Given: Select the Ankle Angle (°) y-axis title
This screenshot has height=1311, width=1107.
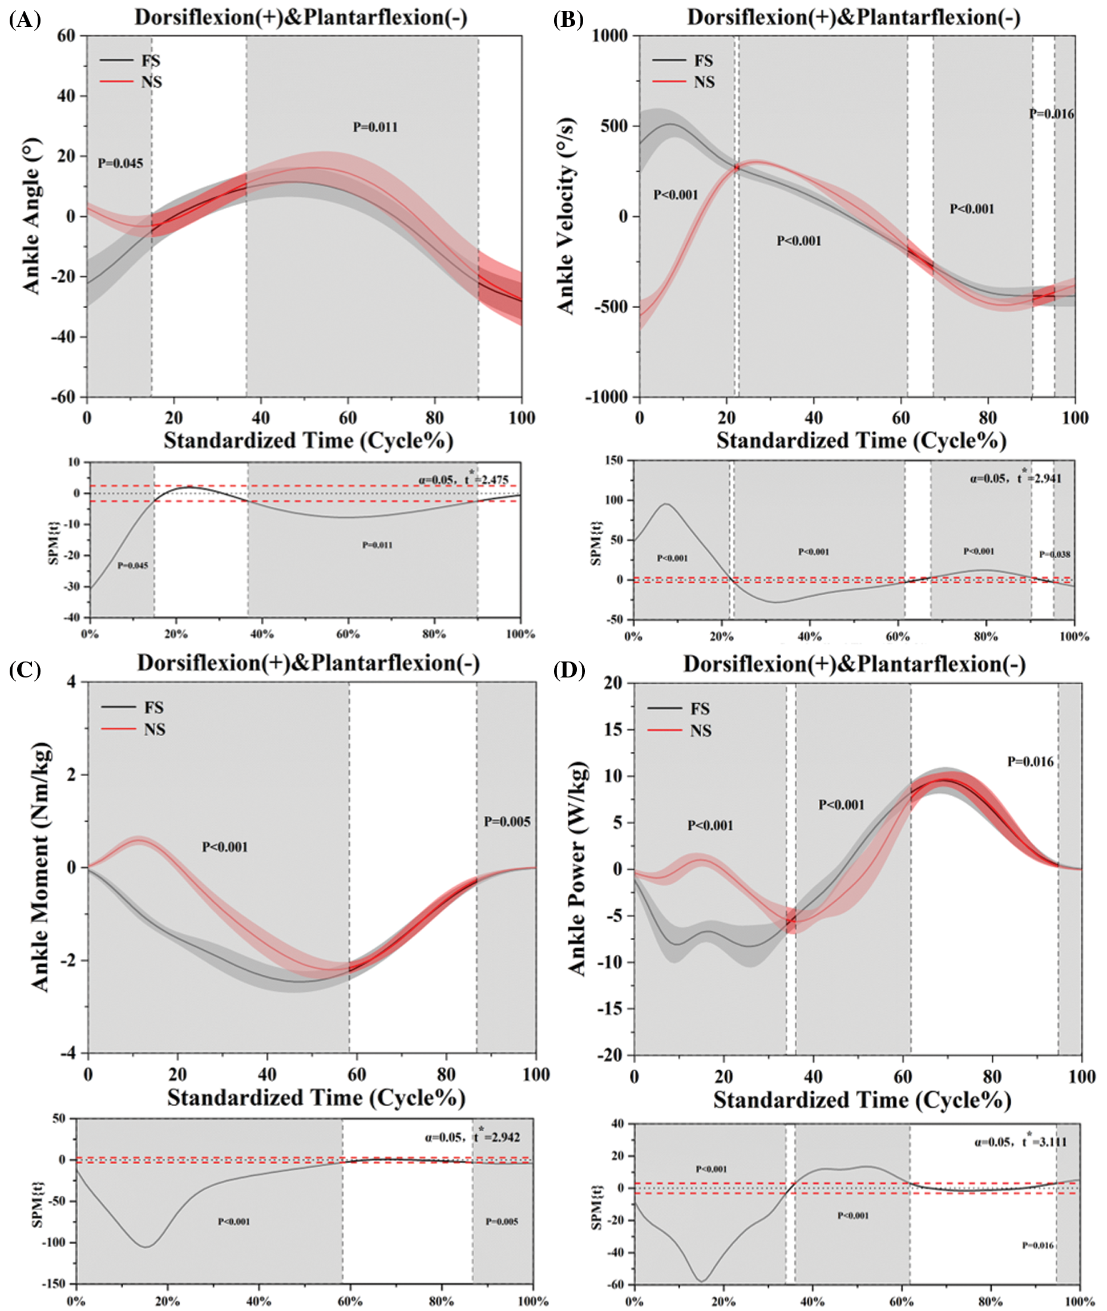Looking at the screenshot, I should [31, 216].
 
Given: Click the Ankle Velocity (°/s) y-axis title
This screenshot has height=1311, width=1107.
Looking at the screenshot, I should [566, 215].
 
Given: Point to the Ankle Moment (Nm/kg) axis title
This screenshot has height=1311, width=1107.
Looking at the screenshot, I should [40, 868].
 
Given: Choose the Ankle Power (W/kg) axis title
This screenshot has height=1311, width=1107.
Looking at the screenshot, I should [577, 869].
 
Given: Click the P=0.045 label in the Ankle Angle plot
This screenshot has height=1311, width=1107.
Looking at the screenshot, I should [120, 164].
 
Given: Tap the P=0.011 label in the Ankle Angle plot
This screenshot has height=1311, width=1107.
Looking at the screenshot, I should [375, 127].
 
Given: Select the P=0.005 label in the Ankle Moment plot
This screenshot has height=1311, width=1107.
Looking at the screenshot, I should [507, 821].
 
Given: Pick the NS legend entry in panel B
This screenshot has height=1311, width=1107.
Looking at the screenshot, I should [704, 82].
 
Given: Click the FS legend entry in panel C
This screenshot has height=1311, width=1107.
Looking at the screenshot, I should [153, 708].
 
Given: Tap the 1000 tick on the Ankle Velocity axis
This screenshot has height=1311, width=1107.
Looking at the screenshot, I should [609, 36].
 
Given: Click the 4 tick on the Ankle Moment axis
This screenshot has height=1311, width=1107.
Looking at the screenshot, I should [71, 681].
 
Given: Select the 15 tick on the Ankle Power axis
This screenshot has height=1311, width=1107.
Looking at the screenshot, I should [612, 729].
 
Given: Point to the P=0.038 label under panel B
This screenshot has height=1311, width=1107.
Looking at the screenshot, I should [1055, 554].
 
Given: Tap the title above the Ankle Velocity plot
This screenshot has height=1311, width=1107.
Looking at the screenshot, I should [854, 17].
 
